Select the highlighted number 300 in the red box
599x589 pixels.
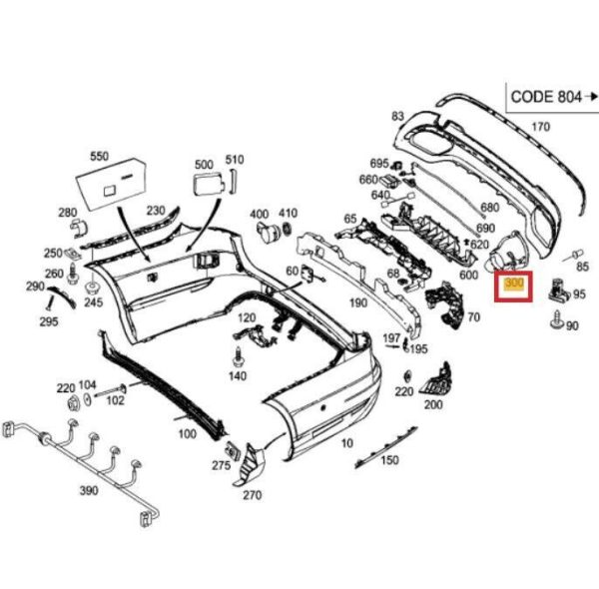(515, 285)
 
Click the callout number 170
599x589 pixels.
(540, 127)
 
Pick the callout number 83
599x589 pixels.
(397, 117)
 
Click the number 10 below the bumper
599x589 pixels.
(346, 442)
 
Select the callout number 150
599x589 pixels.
(389, 460)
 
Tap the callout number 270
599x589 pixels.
(252, 495)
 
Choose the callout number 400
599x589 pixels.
(259, 214)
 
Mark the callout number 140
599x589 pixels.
(237, 376)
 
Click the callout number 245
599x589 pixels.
(93, 301)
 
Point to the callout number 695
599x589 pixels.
(378, 163)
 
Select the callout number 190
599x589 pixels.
(358, 301)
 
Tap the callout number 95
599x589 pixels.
(579, 294)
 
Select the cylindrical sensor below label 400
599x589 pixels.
(269, 236)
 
